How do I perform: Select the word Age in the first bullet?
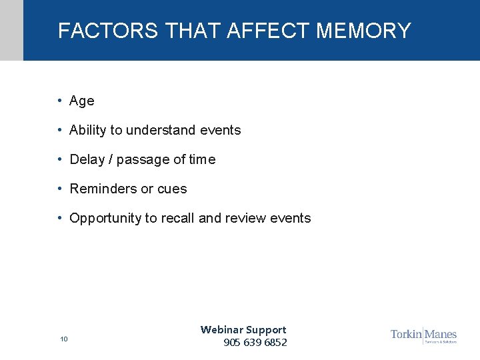coord(82,101)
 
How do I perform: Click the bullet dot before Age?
coord(60,101)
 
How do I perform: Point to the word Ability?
coord(88,131)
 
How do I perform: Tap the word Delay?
coord(87,160)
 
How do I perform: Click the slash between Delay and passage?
coord(111,160)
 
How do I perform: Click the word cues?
coord(172,189)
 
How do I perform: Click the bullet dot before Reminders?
coord(60,189)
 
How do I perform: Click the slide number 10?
coord(64,339)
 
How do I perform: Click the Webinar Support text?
coord(243,329)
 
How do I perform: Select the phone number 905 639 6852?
coord(255,343)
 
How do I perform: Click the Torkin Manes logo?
coord(423,335)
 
